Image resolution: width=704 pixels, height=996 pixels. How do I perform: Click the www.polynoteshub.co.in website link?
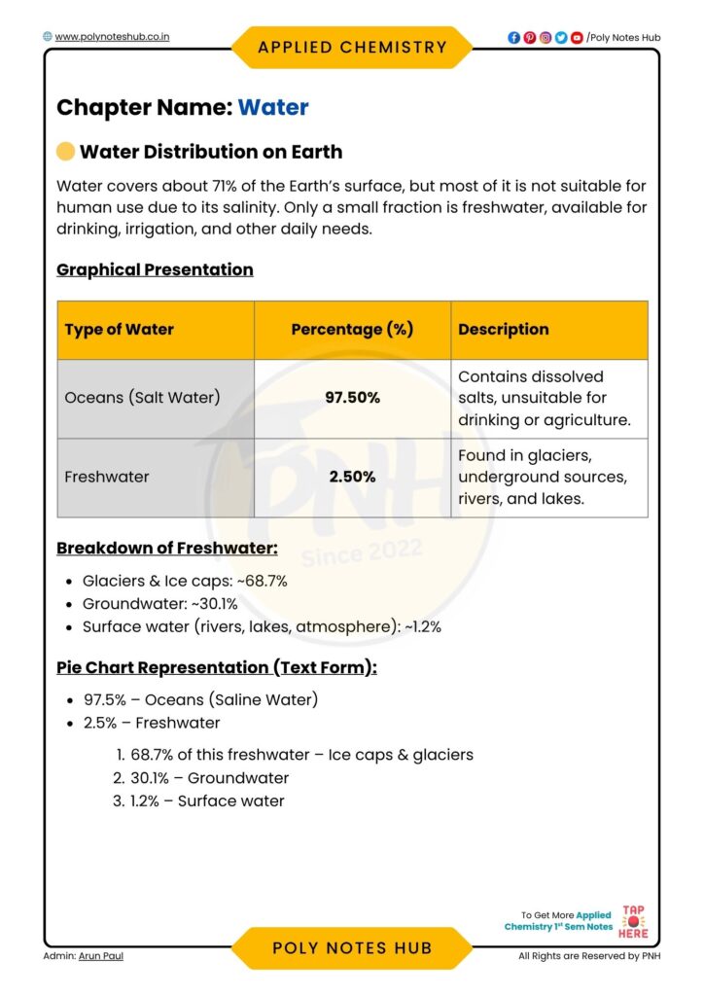(113, 37)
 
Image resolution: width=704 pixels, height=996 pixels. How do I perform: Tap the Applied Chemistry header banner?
(352, 47)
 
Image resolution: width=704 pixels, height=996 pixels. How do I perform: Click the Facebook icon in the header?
(513, 38)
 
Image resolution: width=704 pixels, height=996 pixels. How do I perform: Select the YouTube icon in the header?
(577, 38)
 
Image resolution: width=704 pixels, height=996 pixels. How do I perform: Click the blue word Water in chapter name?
(273, 107)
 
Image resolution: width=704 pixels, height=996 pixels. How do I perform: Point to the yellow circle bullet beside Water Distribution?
(65, 152)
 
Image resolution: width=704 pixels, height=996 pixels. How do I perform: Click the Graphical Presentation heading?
(155, 269)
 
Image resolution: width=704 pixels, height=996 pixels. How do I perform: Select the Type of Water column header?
(120, 330)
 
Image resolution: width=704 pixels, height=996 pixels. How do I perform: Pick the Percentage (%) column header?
(352, 330)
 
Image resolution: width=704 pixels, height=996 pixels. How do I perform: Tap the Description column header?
(504, 330)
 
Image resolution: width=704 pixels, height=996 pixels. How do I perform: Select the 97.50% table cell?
(352, 398)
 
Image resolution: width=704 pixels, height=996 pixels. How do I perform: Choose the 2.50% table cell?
(352, 477)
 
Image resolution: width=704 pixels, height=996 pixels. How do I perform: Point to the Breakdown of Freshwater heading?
(167, 548)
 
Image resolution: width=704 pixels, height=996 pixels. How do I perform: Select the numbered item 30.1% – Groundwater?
(209, 778)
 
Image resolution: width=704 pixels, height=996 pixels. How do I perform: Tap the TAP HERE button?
(633, 921)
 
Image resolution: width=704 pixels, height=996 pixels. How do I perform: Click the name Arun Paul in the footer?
(101, 956)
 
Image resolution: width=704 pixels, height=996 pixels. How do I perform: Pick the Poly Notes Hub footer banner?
(352, 948)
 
